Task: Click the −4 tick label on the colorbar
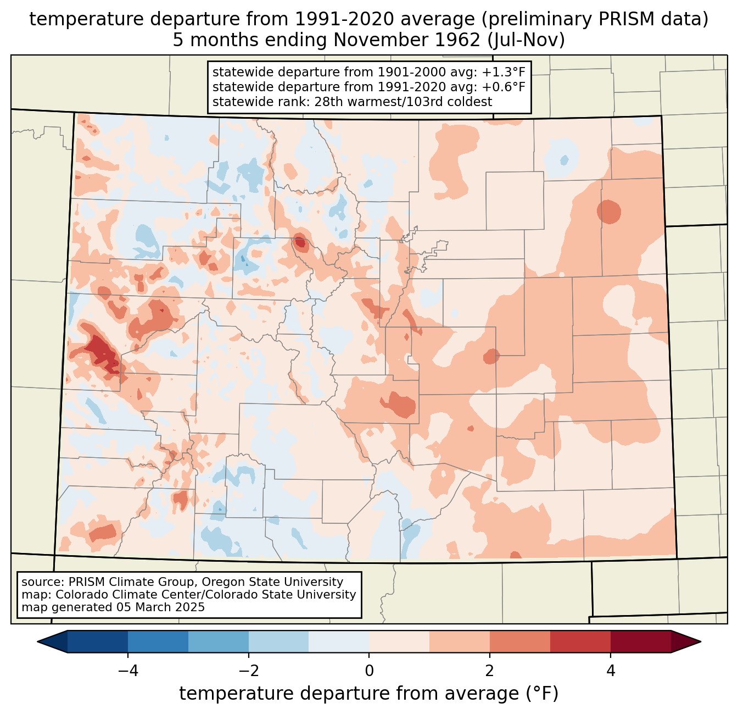click(x=128, y=671)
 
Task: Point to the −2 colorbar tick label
click(x=248, y=671)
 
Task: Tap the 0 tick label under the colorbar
click(x=369, y=671)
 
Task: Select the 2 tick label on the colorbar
click(x=490, y=671)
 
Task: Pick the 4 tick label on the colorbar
click(x=610, y=671)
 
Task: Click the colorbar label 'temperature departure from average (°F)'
click(x=368, y=693)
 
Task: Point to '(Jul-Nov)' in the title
click(x=525, y=40)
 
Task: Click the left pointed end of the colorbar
click(x=38, y=641)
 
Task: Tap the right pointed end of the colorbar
click(x=700, y=641)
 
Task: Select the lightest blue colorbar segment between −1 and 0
click(x=339, y=641)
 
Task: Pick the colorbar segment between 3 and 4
click(x=580, y=641)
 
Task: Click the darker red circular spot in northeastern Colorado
click(x=608, y=212)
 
